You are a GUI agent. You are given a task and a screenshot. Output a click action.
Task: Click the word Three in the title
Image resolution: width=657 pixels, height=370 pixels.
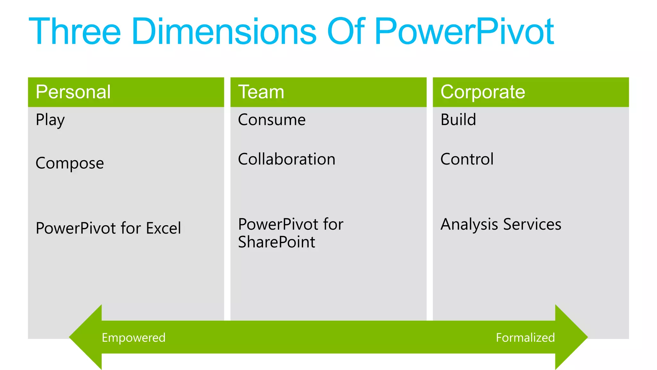click(x=75, y=31)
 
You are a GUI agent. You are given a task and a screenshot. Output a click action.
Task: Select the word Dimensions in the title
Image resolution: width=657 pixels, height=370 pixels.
click(x=224, y=31)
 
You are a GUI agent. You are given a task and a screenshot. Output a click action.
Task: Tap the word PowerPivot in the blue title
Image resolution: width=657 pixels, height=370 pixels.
click(x=464, y=31)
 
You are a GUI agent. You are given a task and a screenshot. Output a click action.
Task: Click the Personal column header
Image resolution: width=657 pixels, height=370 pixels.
click(x=73, y=92)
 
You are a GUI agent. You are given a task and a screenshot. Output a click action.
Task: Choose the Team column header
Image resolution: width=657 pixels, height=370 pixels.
click(x=261, y=92)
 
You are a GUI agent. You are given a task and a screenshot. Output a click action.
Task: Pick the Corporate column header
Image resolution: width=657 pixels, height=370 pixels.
click(x=482, y=92)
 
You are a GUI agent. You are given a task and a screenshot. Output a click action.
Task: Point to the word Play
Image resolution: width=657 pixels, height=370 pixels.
click(x=50, y=120)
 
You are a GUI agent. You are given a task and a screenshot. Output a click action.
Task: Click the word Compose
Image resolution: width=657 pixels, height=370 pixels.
click(x=70, y=163)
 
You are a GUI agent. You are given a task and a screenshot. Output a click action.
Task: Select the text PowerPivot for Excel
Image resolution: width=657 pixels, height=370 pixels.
click(x=108, y=228)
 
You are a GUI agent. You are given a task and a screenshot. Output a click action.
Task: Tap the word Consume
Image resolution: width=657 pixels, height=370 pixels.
click(x=272, y=120)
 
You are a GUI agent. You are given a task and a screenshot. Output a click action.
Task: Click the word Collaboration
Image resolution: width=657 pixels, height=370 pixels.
click(x=286, y=159)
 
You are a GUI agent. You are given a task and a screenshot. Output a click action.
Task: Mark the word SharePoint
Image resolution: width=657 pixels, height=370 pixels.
click(x=277, y=242)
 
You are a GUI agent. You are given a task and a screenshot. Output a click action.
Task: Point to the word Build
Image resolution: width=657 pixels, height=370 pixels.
click(x=458, y=120)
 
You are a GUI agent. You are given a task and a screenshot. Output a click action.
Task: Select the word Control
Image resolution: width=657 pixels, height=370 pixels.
click(x=467, y=159)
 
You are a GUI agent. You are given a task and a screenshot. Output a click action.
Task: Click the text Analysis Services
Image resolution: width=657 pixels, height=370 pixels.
click(x=501, y=224)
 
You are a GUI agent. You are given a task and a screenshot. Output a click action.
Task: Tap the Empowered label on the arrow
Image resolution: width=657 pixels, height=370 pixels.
click(x=133, y=338)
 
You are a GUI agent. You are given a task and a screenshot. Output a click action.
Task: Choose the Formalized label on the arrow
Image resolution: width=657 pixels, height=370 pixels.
click(x=525, y=338)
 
